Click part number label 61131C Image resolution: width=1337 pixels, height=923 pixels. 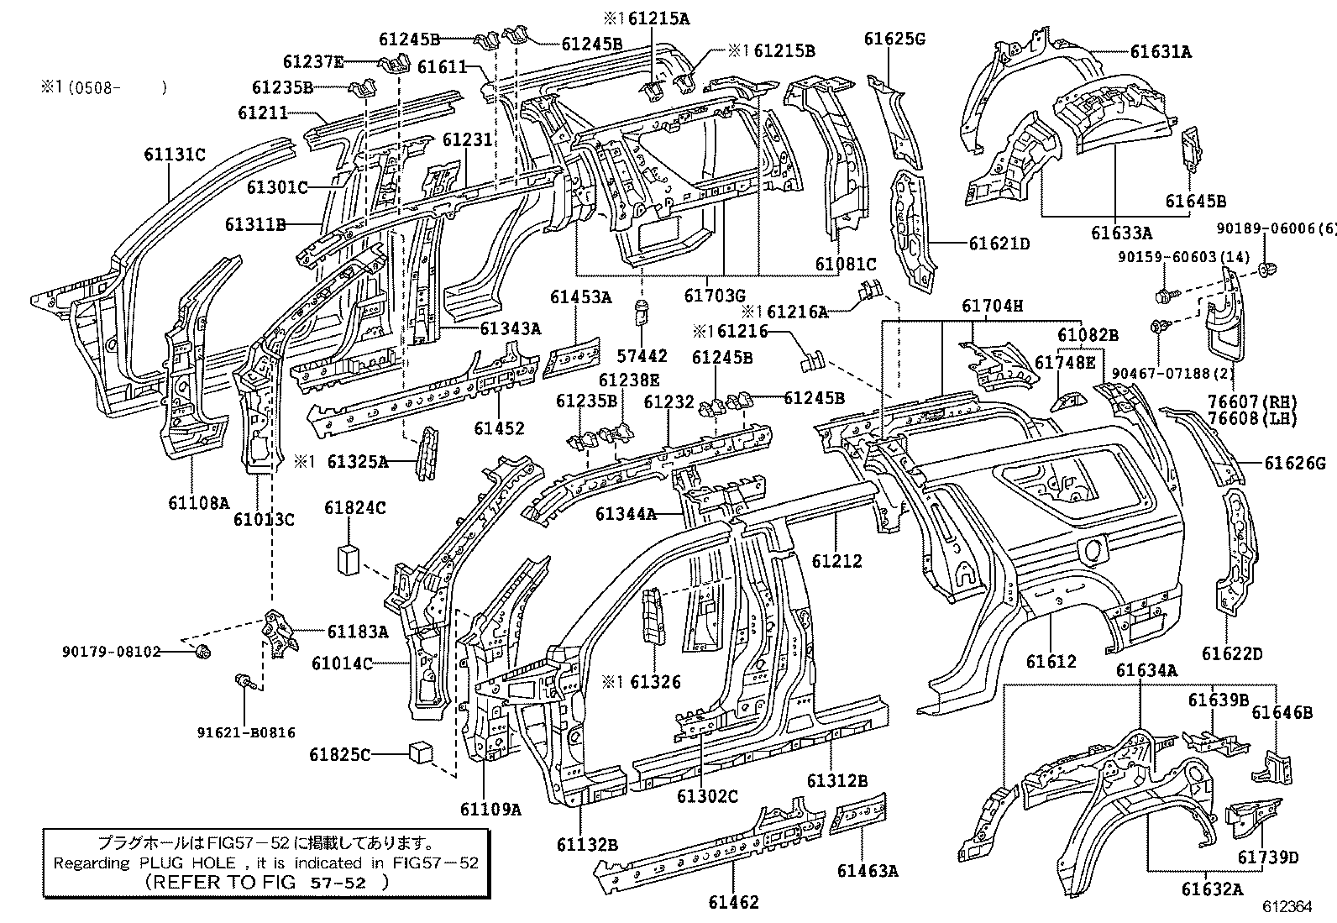pos(174,155)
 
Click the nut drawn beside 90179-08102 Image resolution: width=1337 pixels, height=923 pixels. pos(202,651)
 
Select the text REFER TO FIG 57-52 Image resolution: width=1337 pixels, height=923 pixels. pos(267,882)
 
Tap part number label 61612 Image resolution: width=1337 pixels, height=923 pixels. pos(1051,662)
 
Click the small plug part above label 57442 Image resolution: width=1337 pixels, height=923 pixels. pos(642,312)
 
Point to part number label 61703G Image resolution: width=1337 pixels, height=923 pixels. pos(714,295)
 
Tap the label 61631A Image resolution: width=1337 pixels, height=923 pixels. pos(1161,51)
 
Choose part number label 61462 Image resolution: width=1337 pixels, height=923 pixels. pos(733,902)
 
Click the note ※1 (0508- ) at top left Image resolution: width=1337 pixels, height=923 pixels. pos(102,87)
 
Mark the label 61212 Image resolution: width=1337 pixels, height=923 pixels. pos(837,561)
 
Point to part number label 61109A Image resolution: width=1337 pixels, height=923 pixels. pos(490,809)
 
